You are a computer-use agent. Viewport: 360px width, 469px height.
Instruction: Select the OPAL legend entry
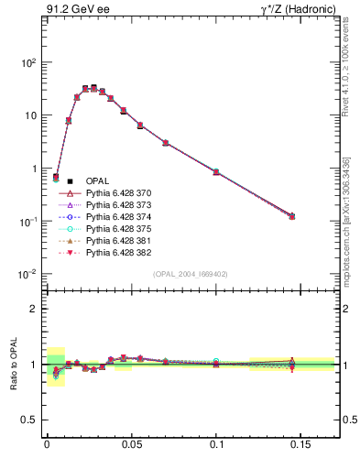101,180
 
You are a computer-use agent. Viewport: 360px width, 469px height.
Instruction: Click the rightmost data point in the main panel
292,216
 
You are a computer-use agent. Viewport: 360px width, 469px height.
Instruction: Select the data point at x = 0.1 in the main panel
216,171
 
